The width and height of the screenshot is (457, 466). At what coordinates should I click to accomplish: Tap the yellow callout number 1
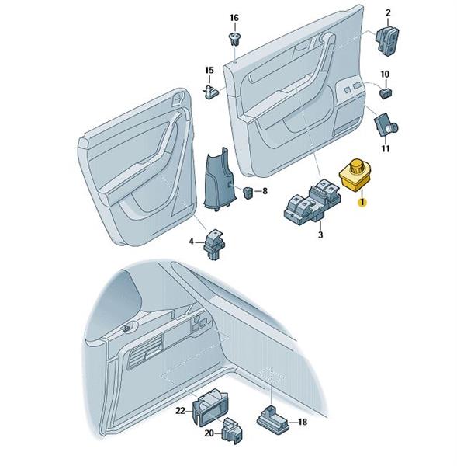362,203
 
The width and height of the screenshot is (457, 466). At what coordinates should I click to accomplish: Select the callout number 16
234,18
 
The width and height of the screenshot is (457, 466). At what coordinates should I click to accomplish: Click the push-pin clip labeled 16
234,40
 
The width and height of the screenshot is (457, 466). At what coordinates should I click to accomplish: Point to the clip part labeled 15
212,91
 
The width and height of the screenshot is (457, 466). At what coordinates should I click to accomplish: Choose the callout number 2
388,12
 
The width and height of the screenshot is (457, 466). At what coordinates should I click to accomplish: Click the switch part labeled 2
387,40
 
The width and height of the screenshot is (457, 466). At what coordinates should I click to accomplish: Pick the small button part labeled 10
386,92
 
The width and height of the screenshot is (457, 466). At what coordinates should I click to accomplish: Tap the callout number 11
385,148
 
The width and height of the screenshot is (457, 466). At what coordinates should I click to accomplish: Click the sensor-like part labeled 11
386,124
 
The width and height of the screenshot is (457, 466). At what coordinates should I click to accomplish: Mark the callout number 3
320,235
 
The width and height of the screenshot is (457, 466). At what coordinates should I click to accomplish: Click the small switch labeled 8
248,193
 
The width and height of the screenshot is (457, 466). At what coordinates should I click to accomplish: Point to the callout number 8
265,191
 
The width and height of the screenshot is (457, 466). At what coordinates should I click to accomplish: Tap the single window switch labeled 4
213,245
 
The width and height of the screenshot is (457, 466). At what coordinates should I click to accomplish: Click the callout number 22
180,411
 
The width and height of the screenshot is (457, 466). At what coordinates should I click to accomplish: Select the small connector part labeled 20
232,430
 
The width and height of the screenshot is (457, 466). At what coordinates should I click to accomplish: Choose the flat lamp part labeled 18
272,419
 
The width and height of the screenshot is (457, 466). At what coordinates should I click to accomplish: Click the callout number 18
302,422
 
